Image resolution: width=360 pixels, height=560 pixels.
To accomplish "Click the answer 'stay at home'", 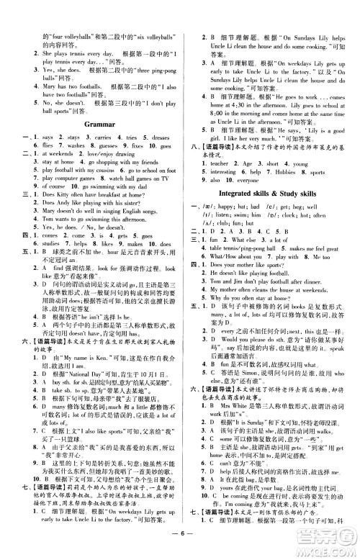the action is tap(50, 163).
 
